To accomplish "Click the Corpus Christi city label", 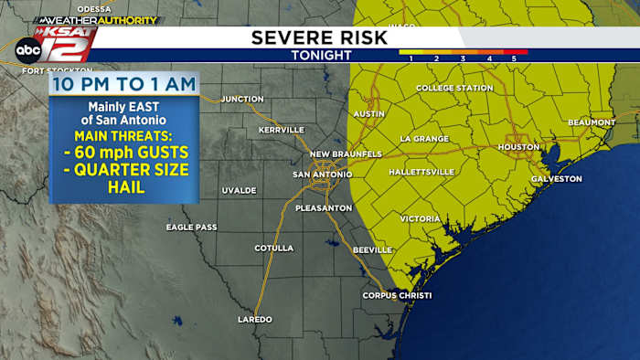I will pyautogui.click(x=396, y=295).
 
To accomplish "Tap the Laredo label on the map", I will pyautogui.click(x=255, y=319).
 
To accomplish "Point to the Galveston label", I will pyautogui.click(x=556, y=178).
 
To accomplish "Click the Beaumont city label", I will pyautogui.click(x=592, y=122).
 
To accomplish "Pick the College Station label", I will pyautogui.click(x=454, y=88).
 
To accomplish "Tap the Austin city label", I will pyautogui.click(x=368, y=113).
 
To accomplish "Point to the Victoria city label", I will pyautogui.click(x=421, y=218).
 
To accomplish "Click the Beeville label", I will pyautogui.click(x=372, y=249).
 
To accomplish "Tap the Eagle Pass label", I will pyautogui.click(x=191, y=227).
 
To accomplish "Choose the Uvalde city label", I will pyautogui.click(x=239, y=190).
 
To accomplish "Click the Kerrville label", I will pyautogui.click(x=282, y=130).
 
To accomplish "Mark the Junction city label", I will pyautogui.click(x=242, y=99).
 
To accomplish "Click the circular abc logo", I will pyautogui.click(x=27, y=49).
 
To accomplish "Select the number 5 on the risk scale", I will pyautogui.click(x=514, y=58).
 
